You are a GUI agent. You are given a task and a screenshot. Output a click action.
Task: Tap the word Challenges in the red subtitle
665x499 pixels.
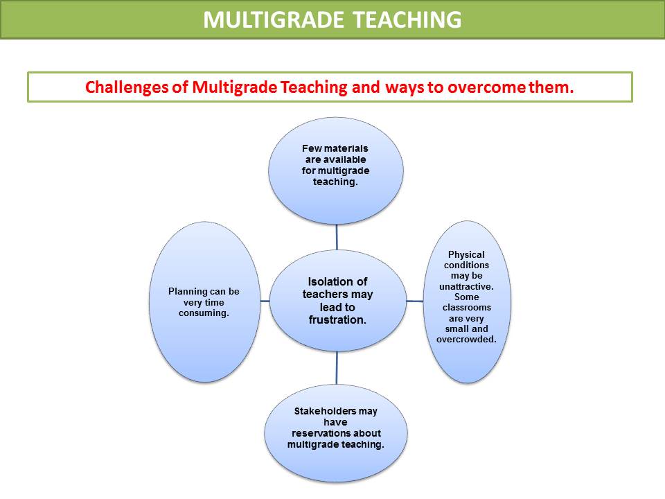[127, 88]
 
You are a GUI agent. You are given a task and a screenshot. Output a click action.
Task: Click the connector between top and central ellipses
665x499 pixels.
[337, 237]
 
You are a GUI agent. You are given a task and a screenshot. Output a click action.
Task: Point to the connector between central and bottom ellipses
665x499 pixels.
[337, 368]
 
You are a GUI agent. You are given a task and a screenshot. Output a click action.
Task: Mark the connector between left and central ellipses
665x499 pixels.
[265, 301]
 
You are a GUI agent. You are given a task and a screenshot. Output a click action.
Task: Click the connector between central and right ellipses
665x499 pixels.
[414, 301]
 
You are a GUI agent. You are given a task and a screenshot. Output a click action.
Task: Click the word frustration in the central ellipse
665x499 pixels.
[337, 319]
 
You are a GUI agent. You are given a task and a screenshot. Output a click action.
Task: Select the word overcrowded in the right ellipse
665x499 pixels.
[466, 340]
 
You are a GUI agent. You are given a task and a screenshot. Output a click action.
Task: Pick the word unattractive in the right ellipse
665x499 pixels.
[466, 286]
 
